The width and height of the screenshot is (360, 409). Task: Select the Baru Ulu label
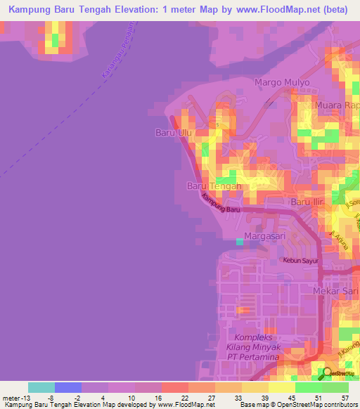point(172,131)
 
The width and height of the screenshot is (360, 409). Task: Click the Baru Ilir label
point(310,202)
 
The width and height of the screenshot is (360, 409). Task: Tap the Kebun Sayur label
point(301,260)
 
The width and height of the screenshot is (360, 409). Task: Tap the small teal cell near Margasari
point(240,242)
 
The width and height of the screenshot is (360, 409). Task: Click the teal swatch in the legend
point(41,387)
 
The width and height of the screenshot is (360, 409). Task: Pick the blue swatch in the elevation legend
point(68,387)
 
